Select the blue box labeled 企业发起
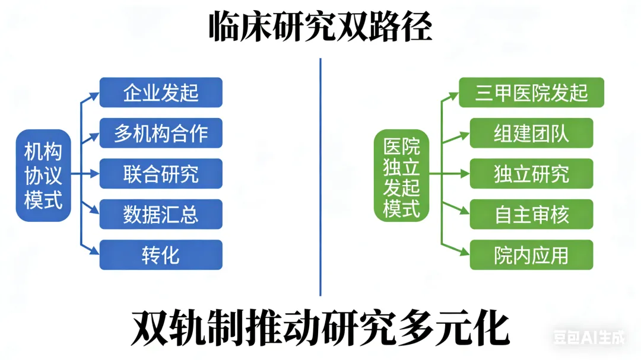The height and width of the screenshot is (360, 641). tap(161, 93)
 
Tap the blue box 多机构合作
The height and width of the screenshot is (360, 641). tap(161, 133)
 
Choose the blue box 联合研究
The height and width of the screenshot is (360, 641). tap(161, 174)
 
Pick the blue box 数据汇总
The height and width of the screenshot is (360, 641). tap(161, 214)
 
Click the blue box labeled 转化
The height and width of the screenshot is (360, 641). tap(161, 254)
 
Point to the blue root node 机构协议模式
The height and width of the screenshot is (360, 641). tap(43, 176)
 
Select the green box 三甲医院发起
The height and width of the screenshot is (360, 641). tap(531, 93)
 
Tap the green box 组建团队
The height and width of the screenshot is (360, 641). tap(531, 133)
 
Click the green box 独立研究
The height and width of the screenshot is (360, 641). tap(531, 174)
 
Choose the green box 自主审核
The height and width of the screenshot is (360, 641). tap(531, 214)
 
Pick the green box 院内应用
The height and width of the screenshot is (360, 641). tap(531, 254)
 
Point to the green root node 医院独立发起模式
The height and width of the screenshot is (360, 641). tap(401, 176)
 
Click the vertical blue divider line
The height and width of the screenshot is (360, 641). tap(320, 178)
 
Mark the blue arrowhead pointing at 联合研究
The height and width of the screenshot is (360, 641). tap(94, 174)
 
